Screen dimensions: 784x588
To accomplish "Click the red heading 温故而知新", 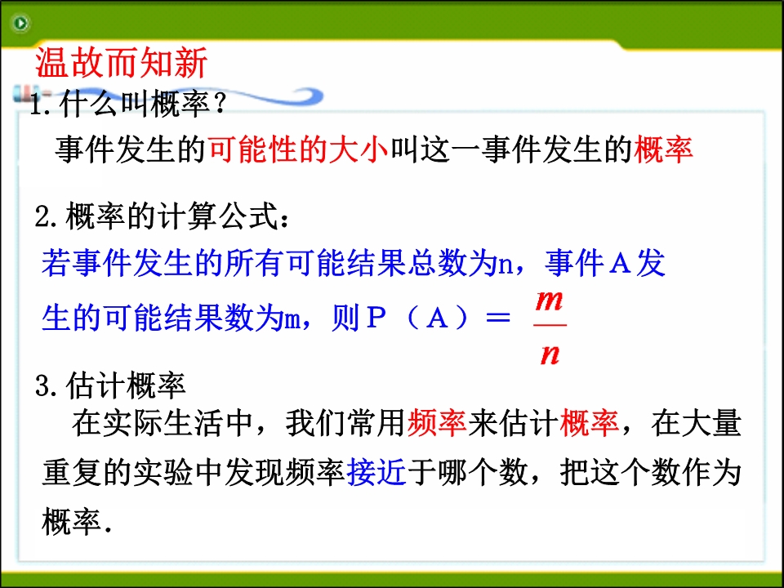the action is (121, 63).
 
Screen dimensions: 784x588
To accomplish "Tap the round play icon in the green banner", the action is (20, 23).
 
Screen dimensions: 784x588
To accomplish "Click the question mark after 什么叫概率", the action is (220, 104).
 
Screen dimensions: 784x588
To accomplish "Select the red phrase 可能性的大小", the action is (298, 149).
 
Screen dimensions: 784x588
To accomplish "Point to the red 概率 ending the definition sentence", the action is (663, 149).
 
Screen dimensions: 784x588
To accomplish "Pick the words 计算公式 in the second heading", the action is (217, 216).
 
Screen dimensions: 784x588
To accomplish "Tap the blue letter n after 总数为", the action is (506, 265).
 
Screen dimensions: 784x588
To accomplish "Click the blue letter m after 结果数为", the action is (292, 320).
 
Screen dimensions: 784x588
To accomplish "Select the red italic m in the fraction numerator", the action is (549, 301).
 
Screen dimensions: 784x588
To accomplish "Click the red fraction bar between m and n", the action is (550, 326).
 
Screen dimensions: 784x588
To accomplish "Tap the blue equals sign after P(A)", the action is (498, 318).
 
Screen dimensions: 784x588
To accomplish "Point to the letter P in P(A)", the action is (376, 317).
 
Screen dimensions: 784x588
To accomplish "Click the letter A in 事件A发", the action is (620, 263).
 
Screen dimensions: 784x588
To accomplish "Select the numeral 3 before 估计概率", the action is (44, 386).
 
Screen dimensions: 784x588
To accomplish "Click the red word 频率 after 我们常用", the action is (436, 423).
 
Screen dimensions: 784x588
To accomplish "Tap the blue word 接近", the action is (376, 472).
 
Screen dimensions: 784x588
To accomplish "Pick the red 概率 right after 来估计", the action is (590, 423).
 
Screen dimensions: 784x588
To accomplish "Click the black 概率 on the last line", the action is (72, 522).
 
